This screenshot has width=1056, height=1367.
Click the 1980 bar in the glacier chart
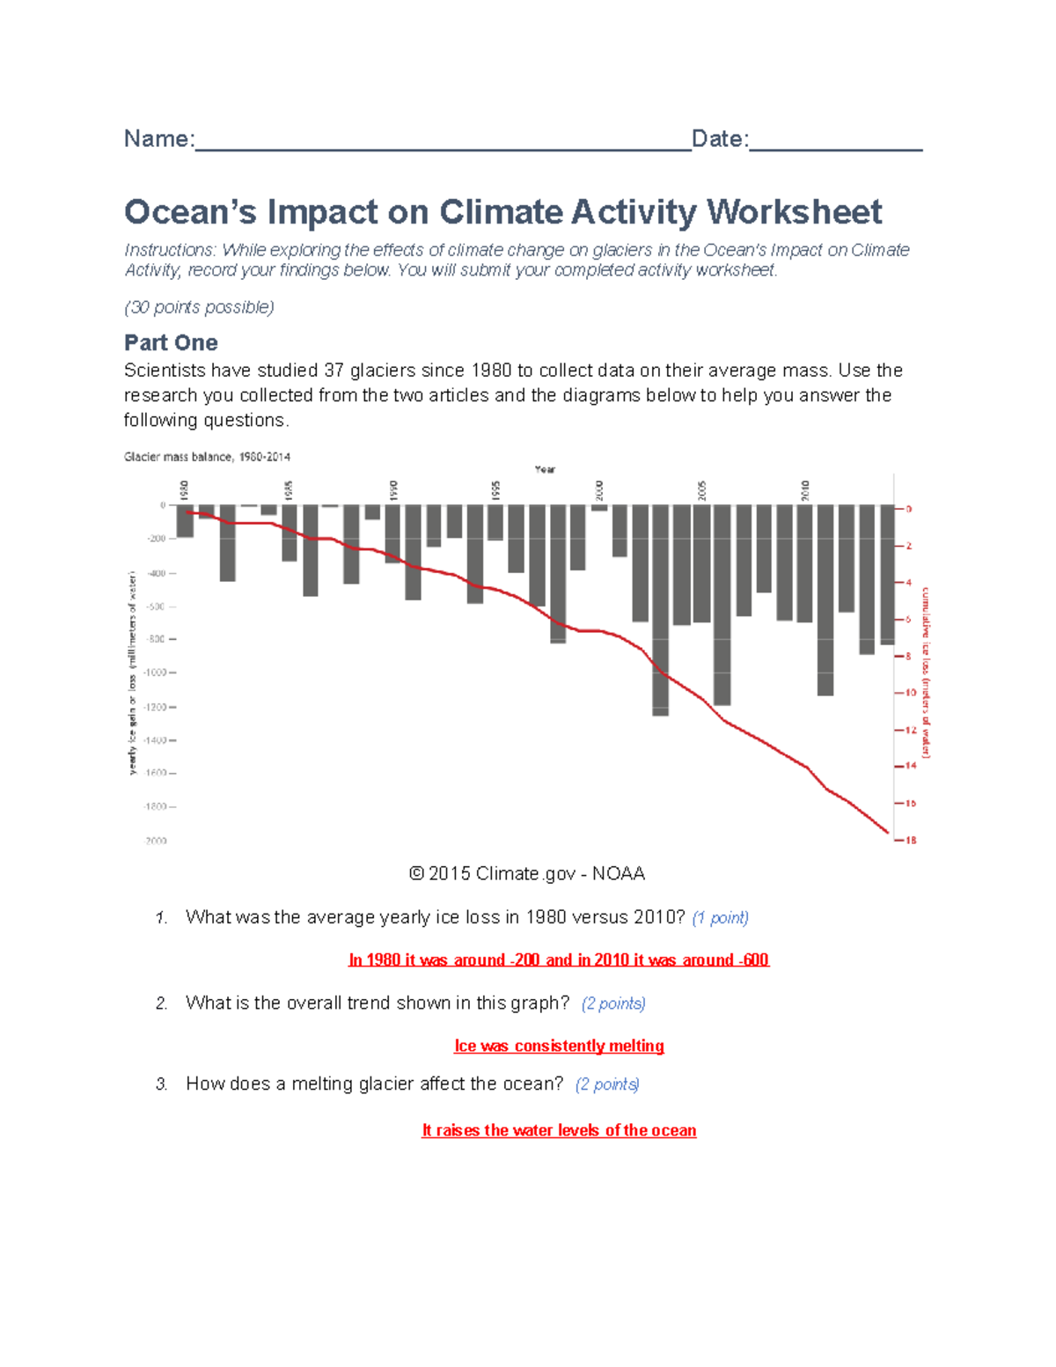click(185, 521)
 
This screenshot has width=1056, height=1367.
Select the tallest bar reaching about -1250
click(660, 609)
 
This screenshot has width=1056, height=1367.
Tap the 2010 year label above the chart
click(804, 489)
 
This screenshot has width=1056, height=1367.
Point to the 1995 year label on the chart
click(495, 489)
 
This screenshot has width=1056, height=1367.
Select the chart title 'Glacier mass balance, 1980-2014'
click(207, 457)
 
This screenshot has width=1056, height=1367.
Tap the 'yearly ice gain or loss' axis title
click(132, 673)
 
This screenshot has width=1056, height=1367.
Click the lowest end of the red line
click(887, 832)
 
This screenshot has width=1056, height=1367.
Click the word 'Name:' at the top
click(158, 139)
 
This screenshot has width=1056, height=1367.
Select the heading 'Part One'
click(171, 342)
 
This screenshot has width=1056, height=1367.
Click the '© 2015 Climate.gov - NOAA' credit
click(527, 874)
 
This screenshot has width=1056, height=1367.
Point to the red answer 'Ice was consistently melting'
click(559, 1046)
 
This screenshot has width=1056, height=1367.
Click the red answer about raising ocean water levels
click(559, 1130)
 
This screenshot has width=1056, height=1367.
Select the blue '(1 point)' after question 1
click(720, 918)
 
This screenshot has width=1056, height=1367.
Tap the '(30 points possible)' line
click(199, 307)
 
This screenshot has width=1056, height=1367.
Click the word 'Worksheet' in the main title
click(794, 212)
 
